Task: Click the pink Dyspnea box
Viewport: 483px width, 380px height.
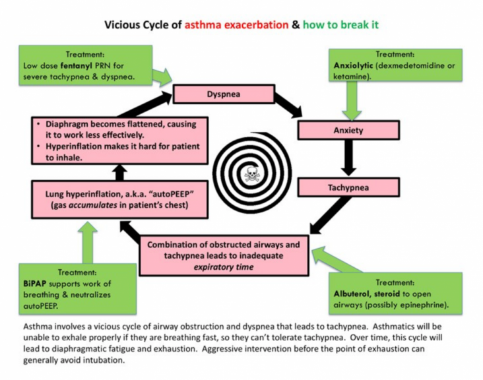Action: (x=224, y=94)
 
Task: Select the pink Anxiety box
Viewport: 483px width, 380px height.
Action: (x=348, y=130)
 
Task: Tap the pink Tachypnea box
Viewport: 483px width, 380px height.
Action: (x=348, y=187)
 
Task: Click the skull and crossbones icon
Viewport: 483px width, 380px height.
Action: (x=252, y=174)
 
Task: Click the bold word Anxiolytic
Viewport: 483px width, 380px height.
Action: (x=353, y=65)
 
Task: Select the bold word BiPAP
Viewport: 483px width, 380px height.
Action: (x=35, y=284)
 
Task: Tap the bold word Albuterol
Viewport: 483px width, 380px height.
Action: (x=352, y=294)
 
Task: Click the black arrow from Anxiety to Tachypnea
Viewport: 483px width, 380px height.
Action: (x=348, y=158)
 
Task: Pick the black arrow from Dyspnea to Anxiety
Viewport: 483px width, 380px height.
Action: (x=288, y=105)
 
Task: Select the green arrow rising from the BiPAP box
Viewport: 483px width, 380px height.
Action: (x=88, y=242)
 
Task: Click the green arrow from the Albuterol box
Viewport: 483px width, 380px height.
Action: (x=337, y=260)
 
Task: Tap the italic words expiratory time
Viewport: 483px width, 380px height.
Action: (x=224, y=267)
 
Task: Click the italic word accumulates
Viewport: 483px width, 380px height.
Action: (x=93, y=205)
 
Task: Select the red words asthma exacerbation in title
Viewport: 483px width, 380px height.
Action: (x=237, y=24)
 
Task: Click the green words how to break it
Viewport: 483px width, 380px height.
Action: (x=340, y=24)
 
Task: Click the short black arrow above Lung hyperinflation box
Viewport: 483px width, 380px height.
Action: (x=120, y=172)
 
